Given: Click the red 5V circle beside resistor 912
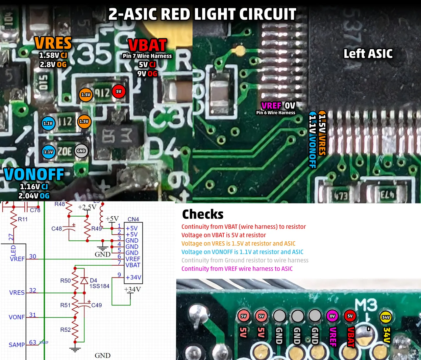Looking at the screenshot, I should (x=119, y=91).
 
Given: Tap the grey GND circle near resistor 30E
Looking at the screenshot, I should (x=81, y=151).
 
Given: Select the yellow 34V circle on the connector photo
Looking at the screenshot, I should (x=386, y=317).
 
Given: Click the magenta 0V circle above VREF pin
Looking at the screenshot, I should (x=332, y=316).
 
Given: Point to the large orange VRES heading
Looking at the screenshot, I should (x=53, y=43).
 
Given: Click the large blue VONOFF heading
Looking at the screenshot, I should (x=34, y=175).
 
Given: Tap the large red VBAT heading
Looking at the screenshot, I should (x=147, y=45).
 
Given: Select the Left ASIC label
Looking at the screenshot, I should (x=368, y=54).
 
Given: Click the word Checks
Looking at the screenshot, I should (x=203, y=214).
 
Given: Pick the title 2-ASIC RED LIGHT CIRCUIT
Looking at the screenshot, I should (x=202, y=14).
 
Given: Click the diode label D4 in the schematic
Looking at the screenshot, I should (x=93, y=280).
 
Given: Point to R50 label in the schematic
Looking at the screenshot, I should (x=65, y=280).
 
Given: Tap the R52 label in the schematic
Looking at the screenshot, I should (x=65, y=330).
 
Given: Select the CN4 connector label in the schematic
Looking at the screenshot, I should (x=133, y=219).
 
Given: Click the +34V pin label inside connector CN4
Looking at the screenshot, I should (x=133, y=277).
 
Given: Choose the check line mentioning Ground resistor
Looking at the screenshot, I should (x=245, y=260).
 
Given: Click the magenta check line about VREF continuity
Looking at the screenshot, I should (x=237, y=269).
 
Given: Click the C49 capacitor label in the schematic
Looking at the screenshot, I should (x=96, y=305).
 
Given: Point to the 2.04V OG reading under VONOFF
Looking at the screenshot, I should (x=34, y=196).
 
